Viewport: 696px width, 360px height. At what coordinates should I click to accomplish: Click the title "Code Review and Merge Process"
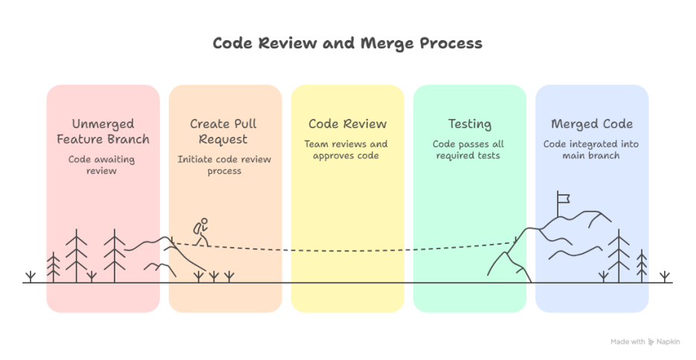(x=347, y=43)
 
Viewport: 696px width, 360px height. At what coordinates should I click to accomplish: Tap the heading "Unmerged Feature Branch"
(x=103, y=132)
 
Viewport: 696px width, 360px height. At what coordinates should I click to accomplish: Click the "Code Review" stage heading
(x=347, y=124)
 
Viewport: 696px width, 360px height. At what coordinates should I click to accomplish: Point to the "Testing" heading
(x=469, y=124)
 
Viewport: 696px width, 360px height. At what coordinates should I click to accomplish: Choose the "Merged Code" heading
(x=591, y=124)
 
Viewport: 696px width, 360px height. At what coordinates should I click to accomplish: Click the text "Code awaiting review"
(x=103, y=165)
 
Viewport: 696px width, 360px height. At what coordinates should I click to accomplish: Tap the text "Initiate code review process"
(x=225, y=165)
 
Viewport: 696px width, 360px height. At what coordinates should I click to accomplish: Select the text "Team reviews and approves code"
(x=347, y=150)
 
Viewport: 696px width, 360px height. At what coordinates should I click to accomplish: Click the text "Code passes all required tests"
(x=468, y=150)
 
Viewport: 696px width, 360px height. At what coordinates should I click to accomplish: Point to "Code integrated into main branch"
(x=591, y=150)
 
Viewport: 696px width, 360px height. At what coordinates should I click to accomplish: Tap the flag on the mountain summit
(x=563, y=198)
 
